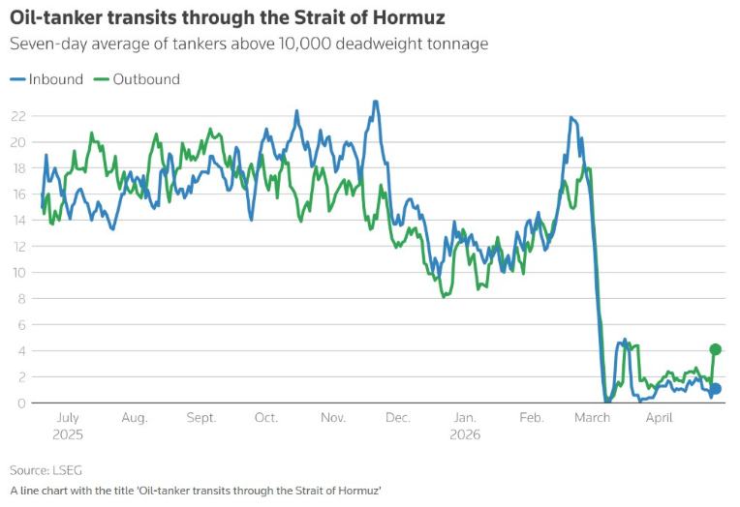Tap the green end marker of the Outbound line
[x=716, y=349]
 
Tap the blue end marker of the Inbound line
[x=716, y=389]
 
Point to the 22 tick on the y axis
[x=16, y=115]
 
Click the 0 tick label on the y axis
[x=20, y=403]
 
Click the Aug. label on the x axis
[x=135, y=418]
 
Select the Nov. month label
[x=333, y=418]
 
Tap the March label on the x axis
[x=592, y=418]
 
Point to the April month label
[x=659, y=418]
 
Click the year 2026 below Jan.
[x=464, y=434]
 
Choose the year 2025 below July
[x=67, y=434]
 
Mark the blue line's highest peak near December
[x=375, y=101]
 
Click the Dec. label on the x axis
[x=397, y=418]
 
